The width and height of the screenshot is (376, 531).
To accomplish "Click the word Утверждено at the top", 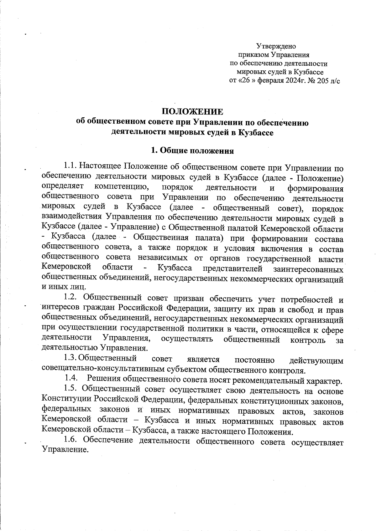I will point(276,46).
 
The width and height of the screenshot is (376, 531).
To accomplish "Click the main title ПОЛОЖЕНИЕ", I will point(193,112).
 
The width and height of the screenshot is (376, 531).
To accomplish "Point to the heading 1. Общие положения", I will point(192,151).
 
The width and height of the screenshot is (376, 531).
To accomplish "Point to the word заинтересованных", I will point(308,269).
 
